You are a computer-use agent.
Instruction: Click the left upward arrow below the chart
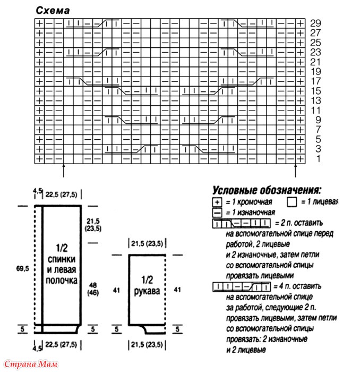(64, 171)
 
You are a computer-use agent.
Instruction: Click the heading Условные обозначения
(267, 190)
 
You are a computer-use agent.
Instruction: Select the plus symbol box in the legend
(217, 202)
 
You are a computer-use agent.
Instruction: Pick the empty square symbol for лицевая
(291, 202)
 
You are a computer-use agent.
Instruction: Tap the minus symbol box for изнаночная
(217, 212)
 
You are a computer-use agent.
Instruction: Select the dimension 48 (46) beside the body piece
(93, 289)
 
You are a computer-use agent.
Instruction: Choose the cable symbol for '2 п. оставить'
(242, 222)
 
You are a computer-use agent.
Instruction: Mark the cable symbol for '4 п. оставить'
(242, 286)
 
